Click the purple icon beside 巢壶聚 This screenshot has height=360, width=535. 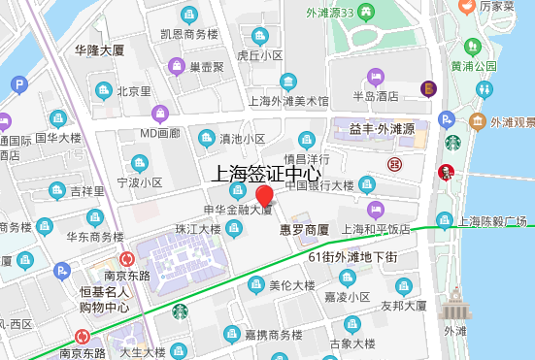tap(177, 67)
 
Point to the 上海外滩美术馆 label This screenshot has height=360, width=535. tap(289, 100)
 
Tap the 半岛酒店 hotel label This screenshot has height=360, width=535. tap(376, 96)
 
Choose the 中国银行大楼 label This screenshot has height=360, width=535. tap(318, 184)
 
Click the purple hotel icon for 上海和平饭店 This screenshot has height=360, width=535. tap(373, 209)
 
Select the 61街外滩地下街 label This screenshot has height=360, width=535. tap(351, 257)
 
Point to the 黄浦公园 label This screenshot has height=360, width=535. tap(473, 66)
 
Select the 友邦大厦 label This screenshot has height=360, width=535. tap(404, 305)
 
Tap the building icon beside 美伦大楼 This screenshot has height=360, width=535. tap(255, 284)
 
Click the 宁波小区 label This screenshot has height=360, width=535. tap(139, 181)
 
